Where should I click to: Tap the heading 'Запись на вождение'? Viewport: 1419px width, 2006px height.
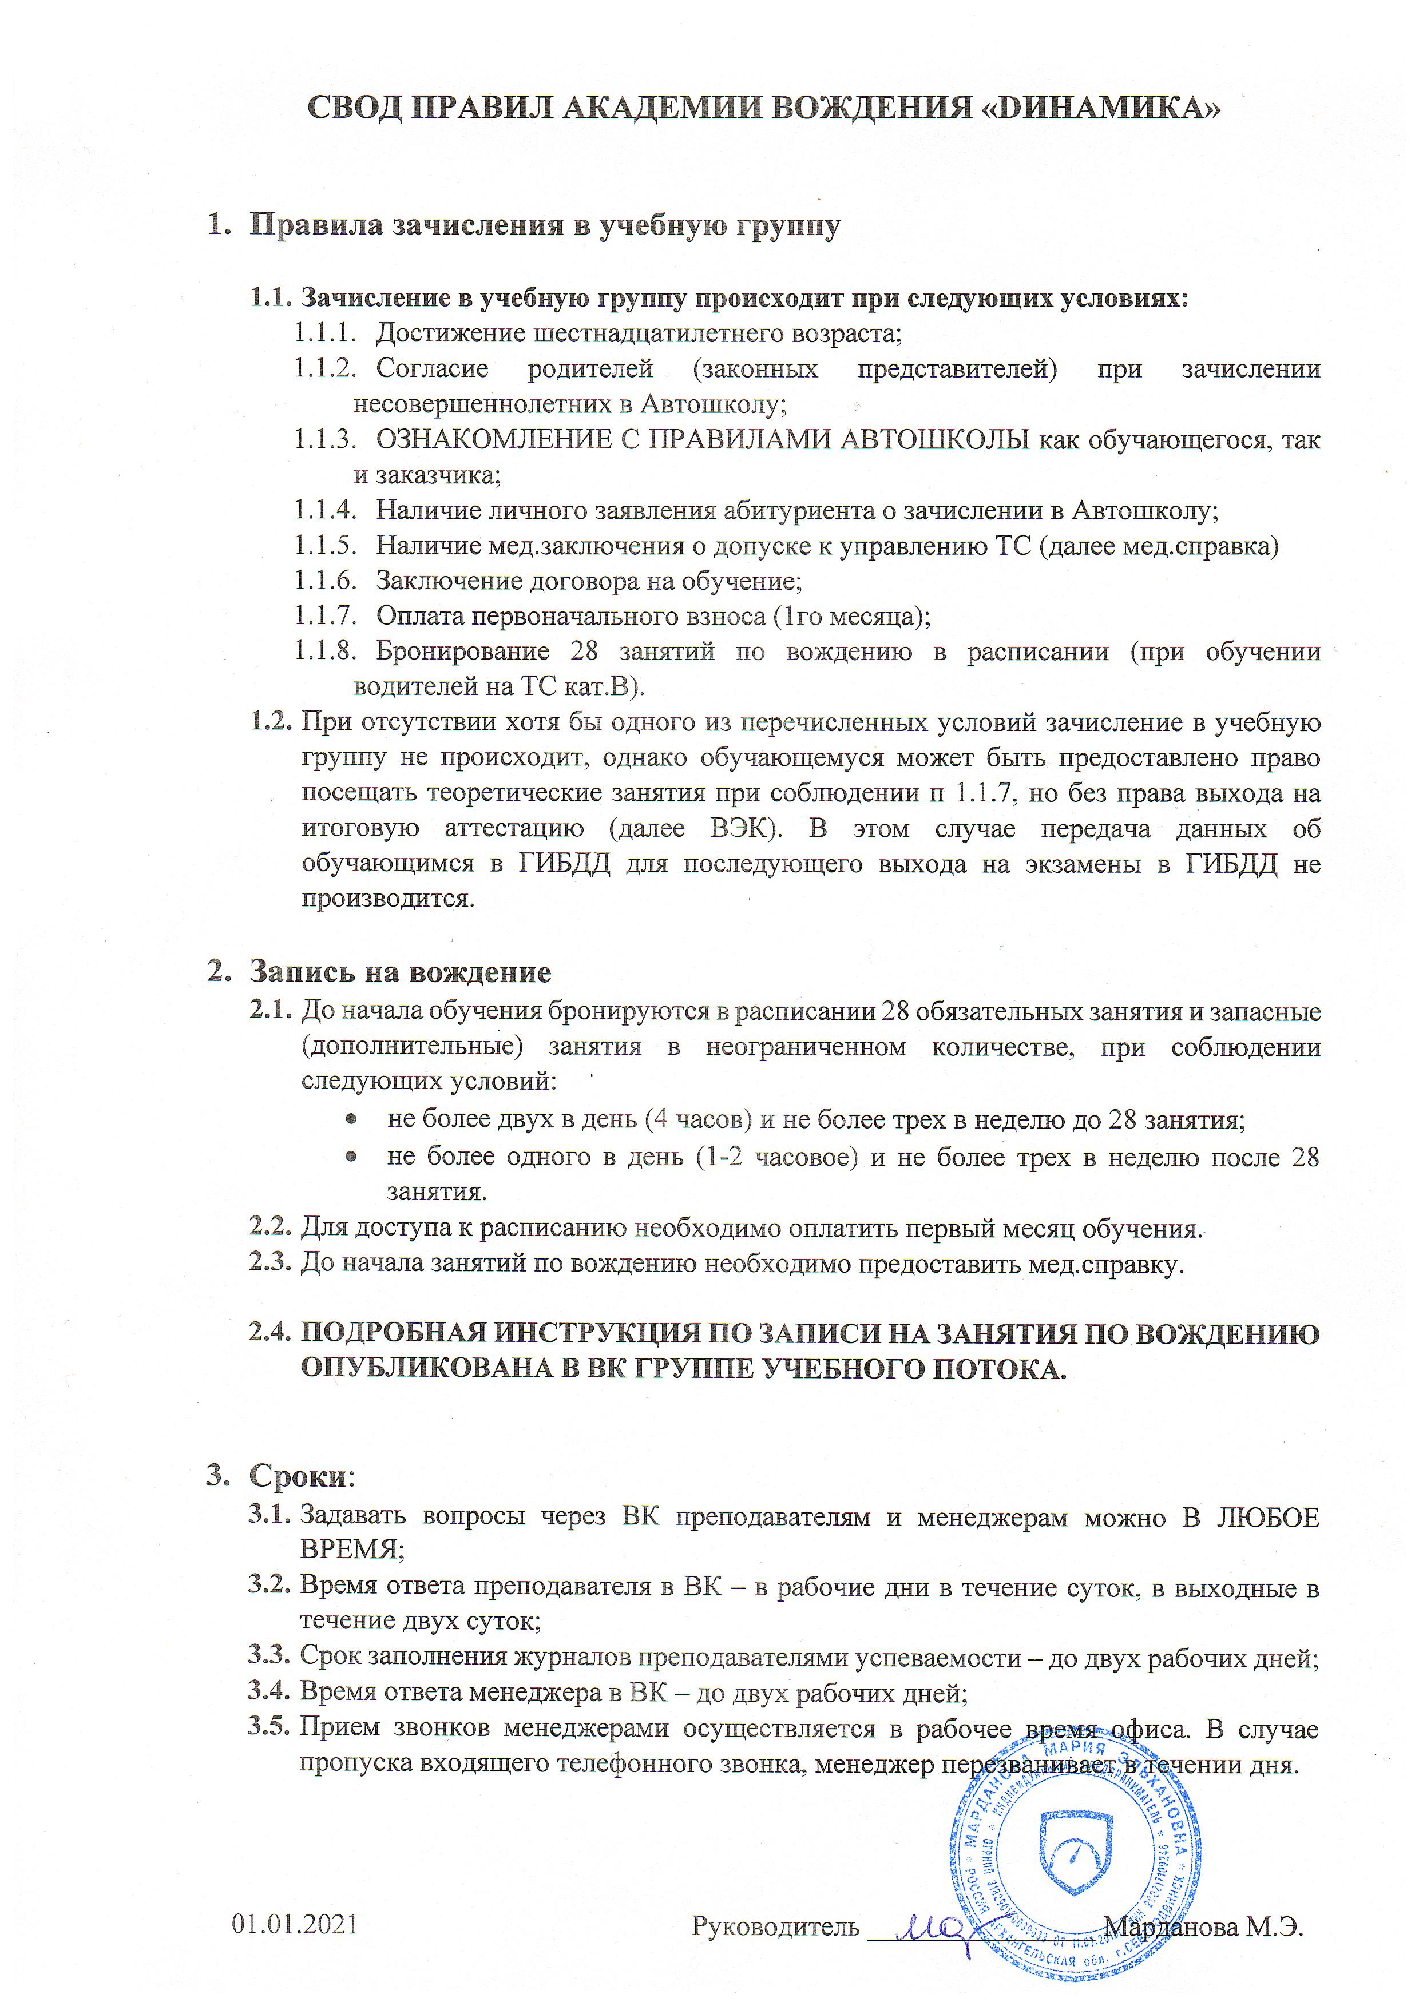(x=400, y=972)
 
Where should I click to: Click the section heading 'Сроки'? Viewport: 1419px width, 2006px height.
(x=298, y=1476)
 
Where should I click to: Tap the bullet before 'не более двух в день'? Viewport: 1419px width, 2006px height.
(x=351, y=1119)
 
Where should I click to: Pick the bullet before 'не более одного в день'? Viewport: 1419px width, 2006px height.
(x=351, y=1156)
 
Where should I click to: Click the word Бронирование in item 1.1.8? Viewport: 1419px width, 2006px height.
(x=463, y=652)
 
